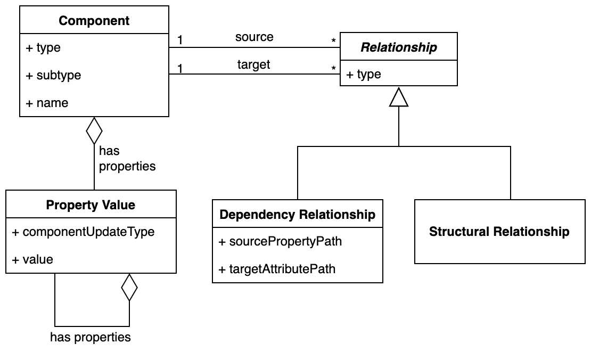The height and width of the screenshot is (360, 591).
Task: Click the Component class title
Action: [x=94, y=21]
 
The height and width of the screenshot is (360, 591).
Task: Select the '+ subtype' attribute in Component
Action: [x=53, y=76]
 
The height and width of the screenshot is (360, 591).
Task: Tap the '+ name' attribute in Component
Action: [x=47, y=103]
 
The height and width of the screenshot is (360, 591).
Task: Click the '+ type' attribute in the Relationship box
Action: [x=364, y=74]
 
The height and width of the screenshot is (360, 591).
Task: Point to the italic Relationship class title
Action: [x=399, y=47]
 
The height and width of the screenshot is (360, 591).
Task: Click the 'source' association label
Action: [x=254, y=37]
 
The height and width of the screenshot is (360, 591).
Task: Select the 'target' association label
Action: [x=253, y=65]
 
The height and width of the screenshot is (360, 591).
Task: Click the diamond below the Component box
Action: [x=94, y=130]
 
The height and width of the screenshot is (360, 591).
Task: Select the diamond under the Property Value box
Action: [x=129, y=288]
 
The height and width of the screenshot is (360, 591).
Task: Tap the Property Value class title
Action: [x=91, y=205]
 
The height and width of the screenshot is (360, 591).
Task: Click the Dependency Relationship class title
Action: [x=297, y=215]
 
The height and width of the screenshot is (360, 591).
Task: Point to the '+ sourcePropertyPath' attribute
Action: [x=280, y=241]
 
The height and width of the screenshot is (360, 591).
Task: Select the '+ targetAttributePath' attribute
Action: [x=277, y=269]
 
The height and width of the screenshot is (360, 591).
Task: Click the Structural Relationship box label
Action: [x=499, y=232]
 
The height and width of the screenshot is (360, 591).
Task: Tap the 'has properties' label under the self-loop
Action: [x=91, y=337]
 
